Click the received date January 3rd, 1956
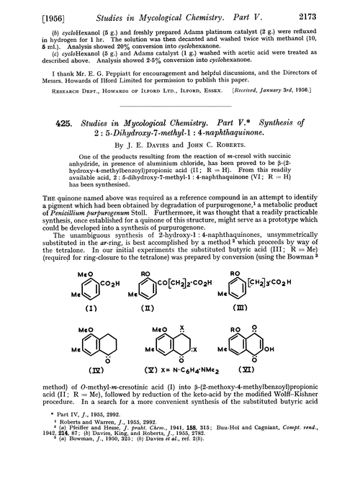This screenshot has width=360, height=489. point(297,91)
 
